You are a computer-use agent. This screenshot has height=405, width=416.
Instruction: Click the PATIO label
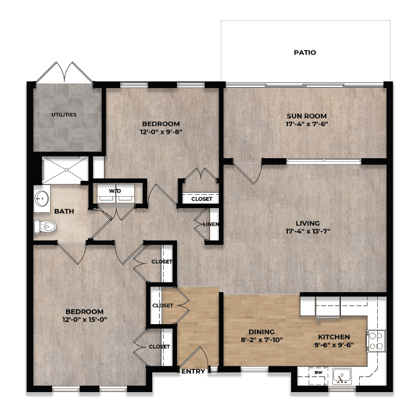pos(305,53)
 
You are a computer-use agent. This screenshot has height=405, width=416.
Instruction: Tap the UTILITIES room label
pos(64,114)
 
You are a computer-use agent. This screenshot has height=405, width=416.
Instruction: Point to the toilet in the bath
pos(45,225)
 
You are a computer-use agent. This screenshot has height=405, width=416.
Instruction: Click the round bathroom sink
pos(42,198)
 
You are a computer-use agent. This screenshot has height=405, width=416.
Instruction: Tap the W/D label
pos(115,191)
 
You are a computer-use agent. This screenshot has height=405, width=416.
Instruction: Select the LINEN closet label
pos(213,224)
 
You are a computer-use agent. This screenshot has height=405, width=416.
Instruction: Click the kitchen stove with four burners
pos(375,341)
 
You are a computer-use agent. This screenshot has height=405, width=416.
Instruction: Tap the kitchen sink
pos(341,377)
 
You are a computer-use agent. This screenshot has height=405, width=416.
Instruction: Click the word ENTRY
pos(194,371)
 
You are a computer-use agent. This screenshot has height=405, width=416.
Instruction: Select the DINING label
pos(260,332)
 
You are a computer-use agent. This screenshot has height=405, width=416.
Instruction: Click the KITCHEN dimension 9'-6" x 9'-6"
pos(334,345)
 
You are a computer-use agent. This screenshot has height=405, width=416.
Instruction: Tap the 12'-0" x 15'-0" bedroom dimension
pos(85,319)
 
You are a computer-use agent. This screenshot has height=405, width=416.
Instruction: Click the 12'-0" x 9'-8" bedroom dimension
pos(161,131)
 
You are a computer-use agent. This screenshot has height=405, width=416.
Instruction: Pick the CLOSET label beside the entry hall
pos(162,305)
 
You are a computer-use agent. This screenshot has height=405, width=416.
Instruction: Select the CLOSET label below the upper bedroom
pos(201,199)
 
